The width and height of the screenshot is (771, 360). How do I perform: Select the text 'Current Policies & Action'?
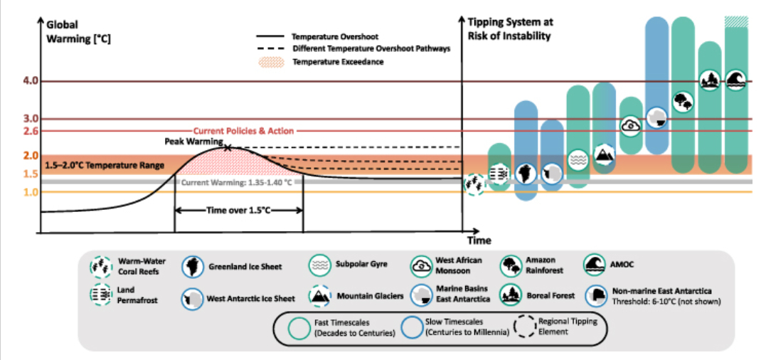[243, 131]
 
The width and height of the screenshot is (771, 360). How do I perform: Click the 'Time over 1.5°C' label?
[238, 210]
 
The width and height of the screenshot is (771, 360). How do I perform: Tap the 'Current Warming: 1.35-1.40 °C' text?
[237, 182]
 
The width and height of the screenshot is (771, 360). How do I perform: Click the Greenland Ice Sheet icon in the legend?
[191, 266]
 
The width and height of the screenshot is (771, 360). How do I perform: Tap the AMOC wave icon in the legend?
[594, 265]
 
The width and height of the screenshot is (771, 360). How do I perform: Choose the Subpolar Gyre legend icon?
[319, 265]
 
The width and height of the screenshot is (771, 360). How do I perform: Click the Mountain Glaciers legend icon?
[319, 295]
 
